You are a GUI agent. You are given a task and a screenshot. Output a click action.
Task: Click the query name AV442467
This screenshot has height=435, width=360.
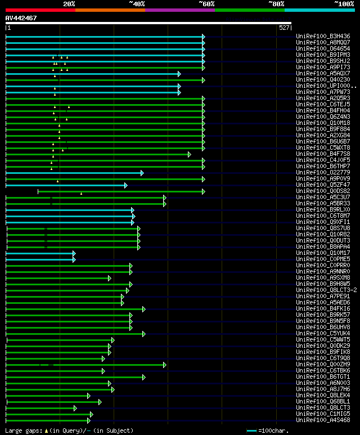coord(21,18)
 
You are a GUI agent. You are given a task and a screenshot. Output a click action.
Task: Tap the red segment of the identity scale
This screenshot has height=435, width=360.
coord(40,10)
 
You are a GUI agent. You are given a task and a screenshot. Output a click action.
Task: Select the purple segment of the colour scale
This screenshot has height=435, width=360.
coord(179,10)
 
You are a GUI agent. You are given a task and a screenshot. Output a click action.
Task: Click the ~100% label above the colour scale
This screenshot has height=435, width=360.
coord(343,3)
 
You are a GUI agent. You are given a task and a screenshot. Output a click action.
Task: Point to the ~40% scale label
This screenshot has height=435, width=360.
coord(136,3)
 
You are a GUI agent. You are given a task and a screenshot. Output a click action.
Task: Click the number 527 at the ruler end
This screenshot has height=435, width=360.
coord(284,28)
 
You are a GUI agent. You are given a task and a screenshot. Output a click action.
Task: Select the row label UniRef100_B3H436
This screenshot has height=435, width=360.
coord(323,36)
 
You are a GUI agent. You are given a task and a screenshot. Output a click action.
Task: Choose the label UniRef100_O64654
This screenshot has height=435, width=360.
coord(323,48)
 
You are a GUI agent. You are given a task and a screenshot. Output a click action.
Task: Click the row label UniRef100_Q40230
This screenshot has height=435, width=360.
coord(323,80)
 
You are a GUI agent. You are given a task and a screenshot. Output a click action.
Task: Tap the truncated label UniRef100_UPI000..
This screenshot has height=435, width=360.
coord(324,86)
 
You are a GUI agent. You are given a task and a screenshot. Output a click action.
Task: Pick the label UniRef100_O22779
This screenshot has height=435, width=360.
coord(323,173)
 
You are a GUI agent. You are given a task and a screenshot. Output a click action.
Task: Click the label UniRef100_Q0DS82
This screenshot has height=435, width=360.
coord(323,191)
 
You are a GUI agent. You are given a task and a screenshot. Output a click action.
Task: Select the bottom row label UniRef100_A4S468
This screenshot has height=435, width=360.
coord(323,420)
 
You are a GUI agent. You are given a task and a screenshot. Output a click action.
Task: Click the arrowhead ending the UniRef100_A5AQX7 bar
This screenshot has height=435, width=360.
coord(179,74)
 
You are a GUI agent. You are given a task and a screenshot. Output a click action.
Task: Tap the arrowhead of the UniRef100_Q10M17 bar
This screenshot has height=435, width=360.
coord(74,253)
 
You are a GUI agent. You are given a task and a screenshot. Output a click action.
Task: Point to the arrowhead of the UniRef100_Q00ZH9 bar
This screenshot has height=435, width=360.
coord(165,365)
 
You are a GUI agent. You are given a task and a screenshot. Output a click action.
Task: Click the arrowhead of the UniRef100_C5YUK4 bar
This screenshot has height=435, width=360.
coord(143,334)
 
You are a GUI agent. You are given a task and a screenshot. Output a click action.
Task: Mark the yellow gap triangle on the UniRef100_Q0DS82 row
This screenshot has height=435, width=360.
coord(81,194)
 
